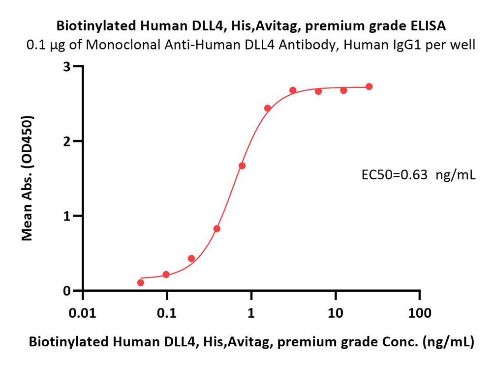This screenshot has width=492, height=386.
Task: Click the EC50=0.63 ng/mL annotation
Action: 419,175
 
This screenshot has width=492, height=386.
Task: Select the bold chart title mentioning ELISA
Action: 251,26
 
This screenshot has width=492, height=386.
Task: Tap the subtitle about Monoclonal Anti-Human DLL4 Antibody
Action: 251,45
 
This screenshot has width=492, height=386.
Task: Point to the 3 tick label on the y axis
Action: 66,67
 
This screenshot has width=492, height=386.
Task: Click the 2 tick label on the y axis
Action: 66,141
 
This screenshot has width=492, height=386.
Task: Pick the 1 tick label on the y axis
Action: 66,216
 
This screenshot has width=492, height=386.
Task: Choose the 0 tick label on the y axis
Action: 66,291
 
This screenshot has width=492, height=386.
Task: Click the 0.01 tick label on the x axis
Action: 83,313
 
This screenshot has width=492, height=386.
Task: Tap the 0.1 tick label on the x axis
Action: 167,313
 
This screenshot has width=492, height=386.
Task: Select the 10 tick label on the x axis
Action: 336,313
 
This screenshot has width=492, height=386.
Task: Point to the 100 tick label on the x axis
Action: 420,313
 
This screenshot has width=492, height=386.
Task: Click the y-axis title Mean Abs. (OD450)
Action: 27,178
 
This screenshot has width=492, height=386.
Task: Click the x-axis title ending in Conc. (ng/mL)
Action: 251,342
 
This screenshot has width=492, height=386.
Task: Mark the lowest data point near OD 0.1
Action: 141,282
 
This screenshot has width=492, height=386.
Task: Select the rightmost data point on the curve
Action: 369,86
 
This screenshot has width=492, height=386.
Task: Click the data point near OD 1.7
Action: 242,165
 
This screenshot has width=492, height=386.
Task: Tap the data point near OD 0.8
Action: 217,229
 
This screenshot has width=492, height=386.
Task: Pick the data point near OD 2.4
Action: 268,109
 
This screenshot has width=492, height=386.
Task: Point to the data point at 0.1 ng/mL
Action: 166,275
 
